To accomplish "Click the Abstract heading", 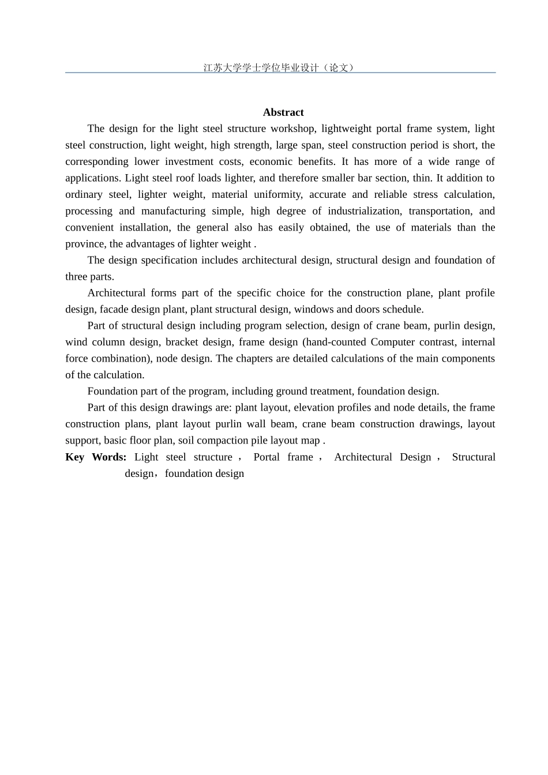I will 283,112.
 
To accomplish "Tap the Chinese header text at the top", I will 279,67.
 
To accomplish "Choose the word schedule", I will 403,310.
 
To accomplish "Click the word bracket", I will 182,343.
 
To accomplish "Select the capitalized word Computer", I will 393,343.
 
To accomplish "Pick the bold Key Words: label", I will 96,457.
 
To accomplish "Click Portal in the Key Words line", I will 267,457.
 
